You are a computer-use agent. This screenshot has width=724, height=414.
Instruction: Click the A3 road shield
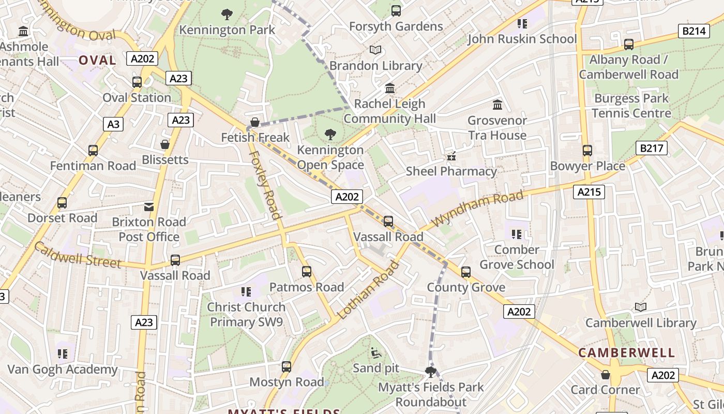click(x=113, y=124)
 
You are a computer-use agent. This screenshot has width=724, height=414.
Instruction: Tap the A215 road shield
click(x=589, y=193)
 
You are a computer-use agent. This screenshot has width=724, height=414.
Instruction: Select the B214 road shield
click(x=693, y=31)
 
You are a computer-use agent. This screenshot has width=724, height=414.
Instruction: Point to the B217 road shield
click(x=651, y=149)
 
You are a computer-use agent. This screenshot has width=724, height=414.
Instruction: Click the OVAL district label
click(x=97, y=61)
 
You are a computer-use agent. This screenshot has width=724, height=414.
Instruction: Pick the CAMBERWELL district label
click(x=626, y=353)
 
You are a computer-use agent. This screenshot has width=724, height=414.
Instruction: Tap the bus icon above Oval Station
click(x=137, y=82)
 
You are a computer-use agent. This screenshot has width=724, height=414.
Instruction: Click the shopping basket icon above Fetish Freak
click(x=254, y=123)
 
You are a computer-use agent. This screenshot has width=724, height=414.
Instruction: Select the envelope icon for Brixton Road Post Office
click(x=149, y=207)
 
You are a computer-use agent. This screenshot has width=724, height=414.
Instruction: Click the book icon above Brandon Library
click(x=375, y=50)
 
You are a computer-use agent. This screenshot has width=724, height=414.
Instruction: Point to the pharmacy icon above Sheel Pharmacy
click(x=451, y=156)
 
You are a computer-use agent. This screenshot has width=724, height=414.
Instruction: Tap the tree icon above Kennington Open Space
click(x=330, y=135)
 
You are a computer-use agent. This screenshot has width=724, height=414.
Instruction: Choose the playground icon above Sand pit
click(x=376, y=353)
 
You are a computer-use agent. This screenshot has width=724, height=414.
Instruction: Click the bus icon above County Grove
click(x=465, y=272)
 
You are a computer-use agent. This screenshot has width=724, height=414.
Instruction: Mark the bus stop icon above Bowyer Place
click(x=587, y=151)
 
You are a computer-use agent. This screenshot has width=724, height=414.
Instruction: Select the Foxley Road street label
click(x=265, y=185)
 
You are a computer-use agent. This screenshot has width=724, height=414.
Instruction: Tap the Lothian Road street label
click(x=368, y=290)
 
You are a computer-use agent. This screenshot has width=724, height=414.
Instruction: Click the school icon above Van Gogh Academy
click(x=63, y=354)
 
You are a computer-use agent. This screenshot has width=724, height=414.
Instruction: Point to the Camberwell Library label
click(x=641, y=323)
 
